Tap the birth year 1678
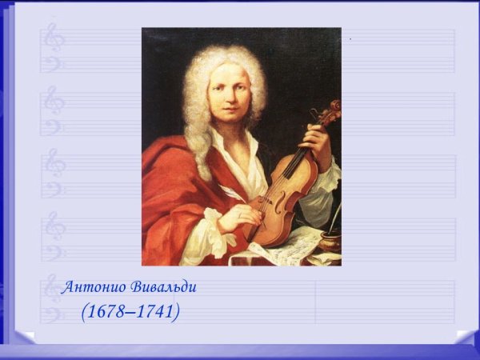[x=106, y=311]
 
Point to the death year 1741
[x=154, y=311]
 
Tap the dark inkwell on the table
[x=330, y=240]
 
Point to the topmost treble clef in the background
[x=54, y=36]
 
